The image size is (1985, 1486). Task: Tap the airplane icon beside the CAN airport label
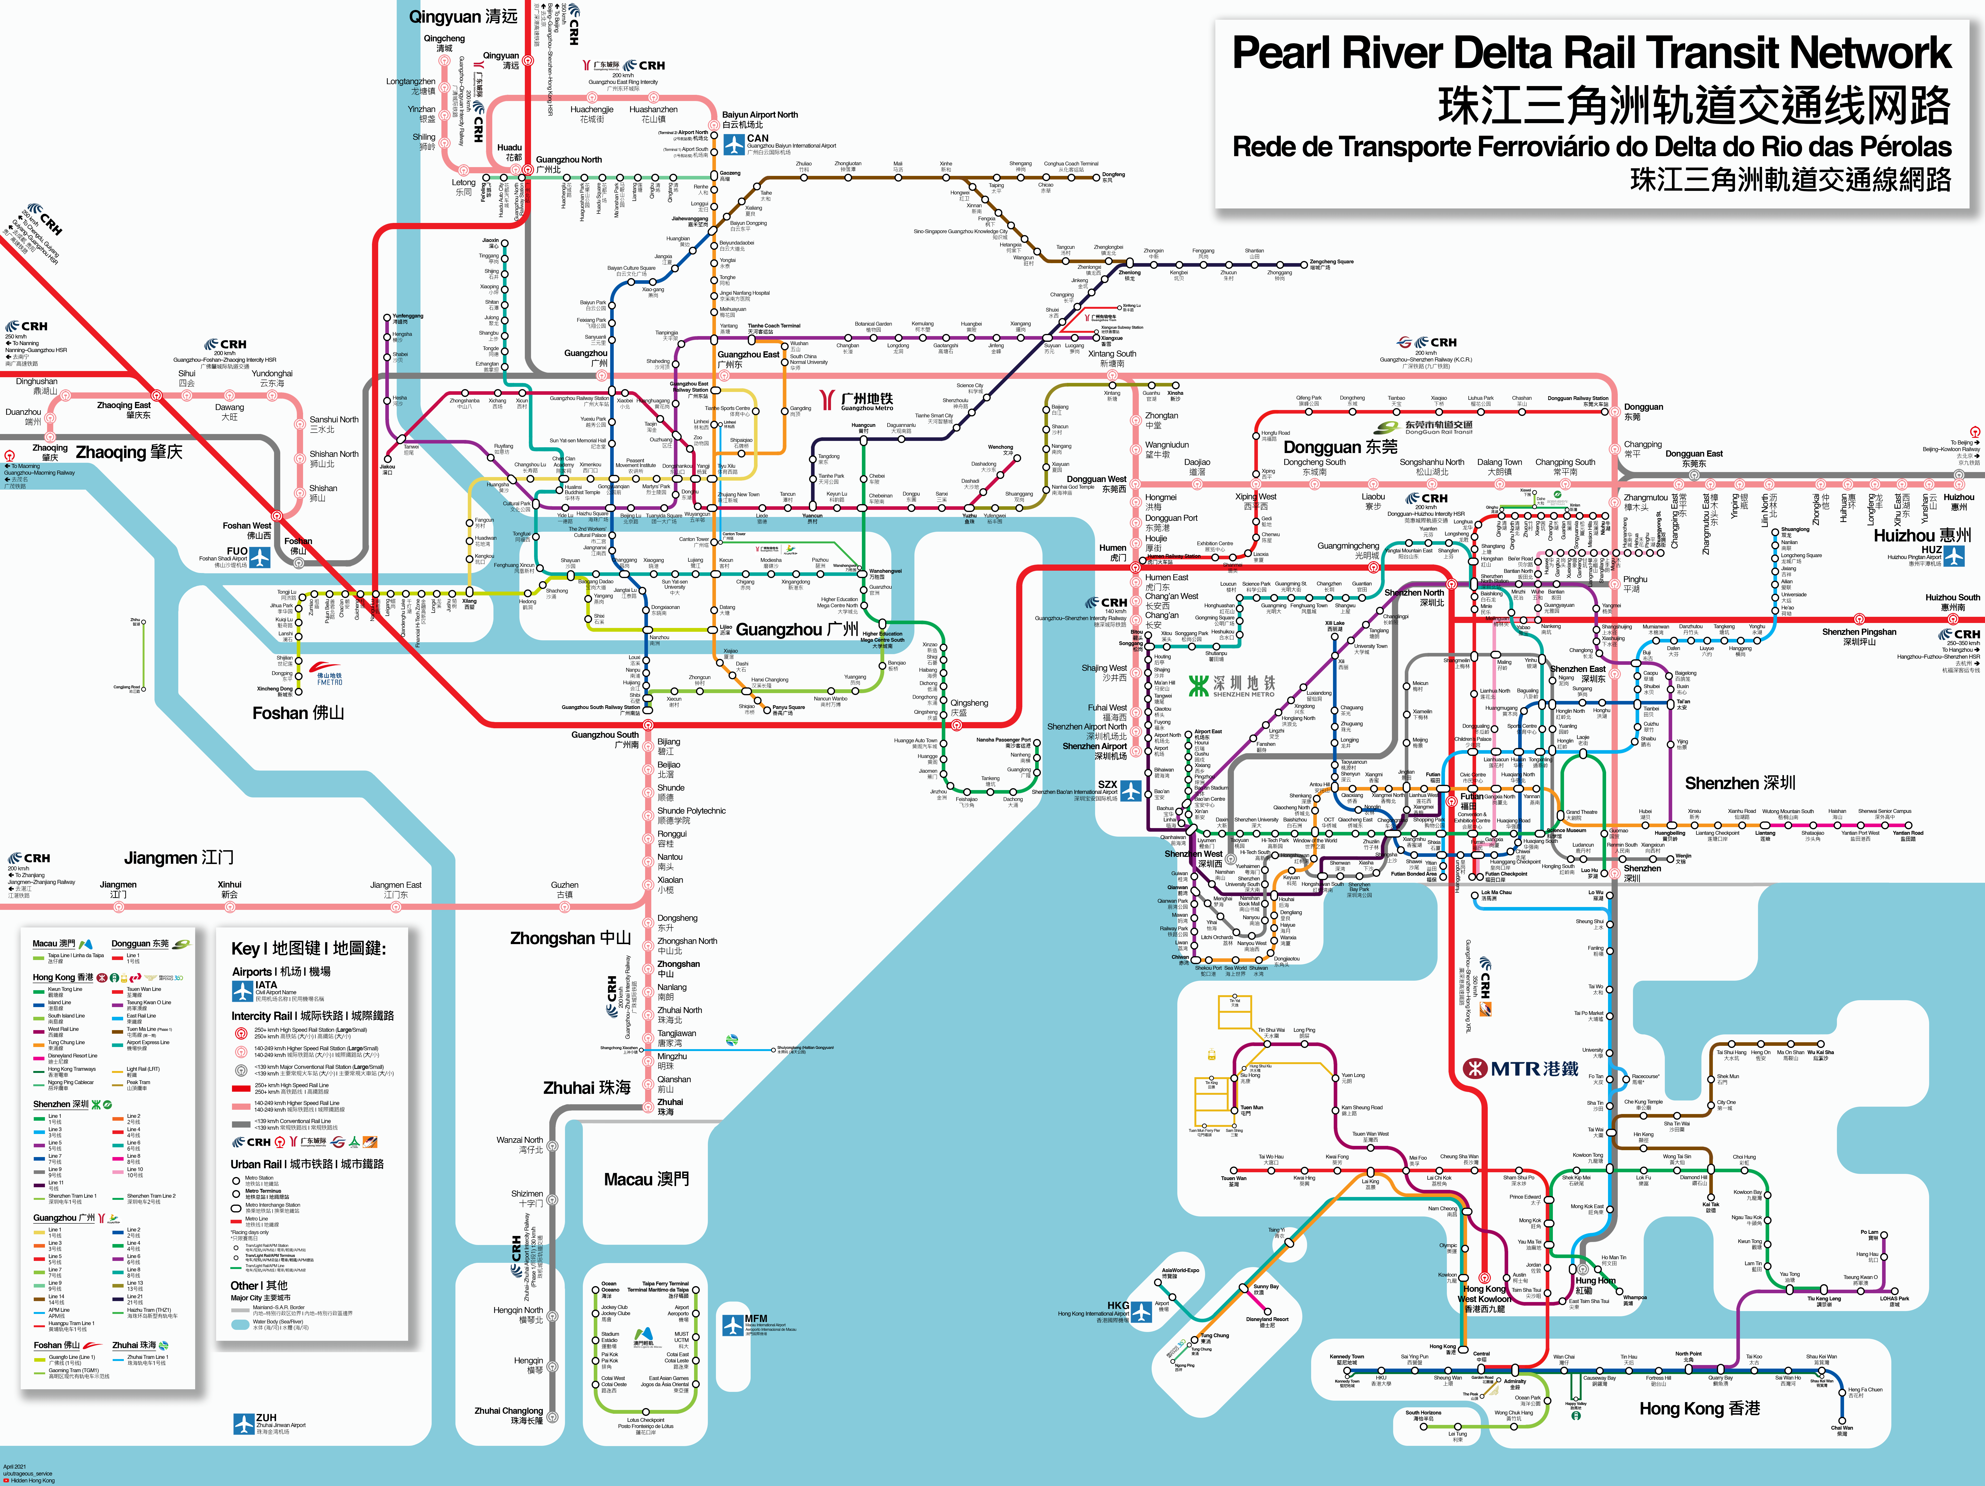point(734,144)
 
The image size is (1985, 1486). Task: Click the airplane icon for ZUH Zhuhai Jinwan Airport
point(244,1424)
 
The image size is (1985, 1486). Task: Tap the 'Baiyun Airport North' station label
point(759,115)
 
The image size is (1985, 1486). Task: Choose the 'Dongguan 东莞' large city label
point(1340,447)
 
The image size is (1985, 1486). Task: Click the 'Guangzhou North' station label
point(569,160)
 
